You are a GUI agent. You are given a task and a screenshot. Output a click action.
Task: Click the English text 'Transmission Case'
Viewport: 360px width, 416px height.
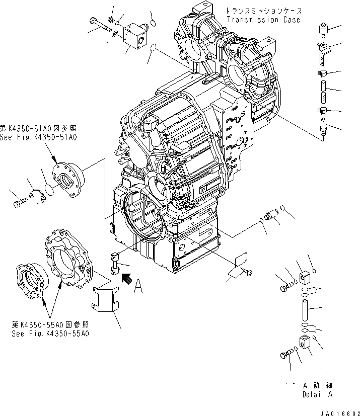263,20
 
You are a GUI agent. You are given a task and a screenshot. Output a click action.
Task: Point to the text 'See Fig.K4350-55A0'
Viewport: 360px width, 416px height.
50,334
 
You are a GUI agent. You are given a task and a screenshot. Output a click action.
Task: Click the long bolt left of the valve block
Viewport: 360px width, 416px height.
101,24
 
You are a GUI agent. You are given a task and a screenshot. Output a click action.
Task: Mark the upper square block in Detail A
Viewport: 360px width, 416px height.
304,277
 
